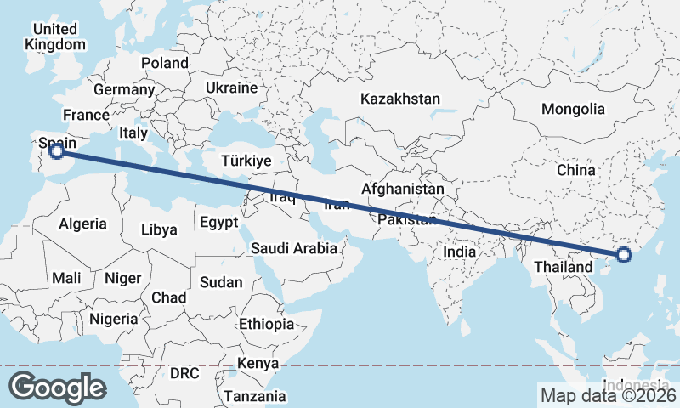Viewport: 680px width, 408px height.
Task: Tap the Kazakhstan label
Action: (399, 99)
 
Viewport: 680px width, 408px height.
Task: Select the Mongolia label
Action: (573, 109)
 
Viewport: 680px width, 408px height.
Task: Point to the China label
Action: (576, 170)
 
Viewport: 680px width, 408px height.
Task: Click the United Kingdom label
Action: (56, 37)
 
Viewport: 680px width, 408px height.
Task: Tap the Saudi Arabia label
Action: (293, 249)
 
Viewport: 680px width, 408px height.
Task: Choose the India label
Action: (460, 252)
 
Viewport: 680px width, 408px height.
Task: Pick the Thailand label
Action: (563, 268)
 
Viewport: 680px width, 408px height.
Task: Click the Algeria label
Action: (82, 224)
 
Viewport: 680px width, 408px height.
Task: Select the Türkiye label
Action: (245, 161)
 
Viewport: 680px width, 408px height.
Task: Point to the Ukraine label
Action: (231, 88)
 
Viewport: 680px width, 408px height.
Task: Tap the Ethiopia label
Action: (265, 324)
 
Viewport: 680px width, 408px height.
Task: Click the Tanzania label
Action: (256, 396)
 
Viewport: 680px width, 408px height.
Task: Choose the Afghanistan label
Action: (403, 189)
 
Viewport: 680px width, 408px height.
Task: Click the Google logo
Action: (57, 388)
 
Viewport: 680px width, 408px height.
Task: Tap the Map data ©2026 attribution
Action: (607, 395)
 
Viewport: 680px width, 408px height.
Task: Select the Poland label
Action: (165, 63)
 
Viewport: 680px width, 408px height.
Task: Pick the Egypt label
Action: (219, 223)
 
